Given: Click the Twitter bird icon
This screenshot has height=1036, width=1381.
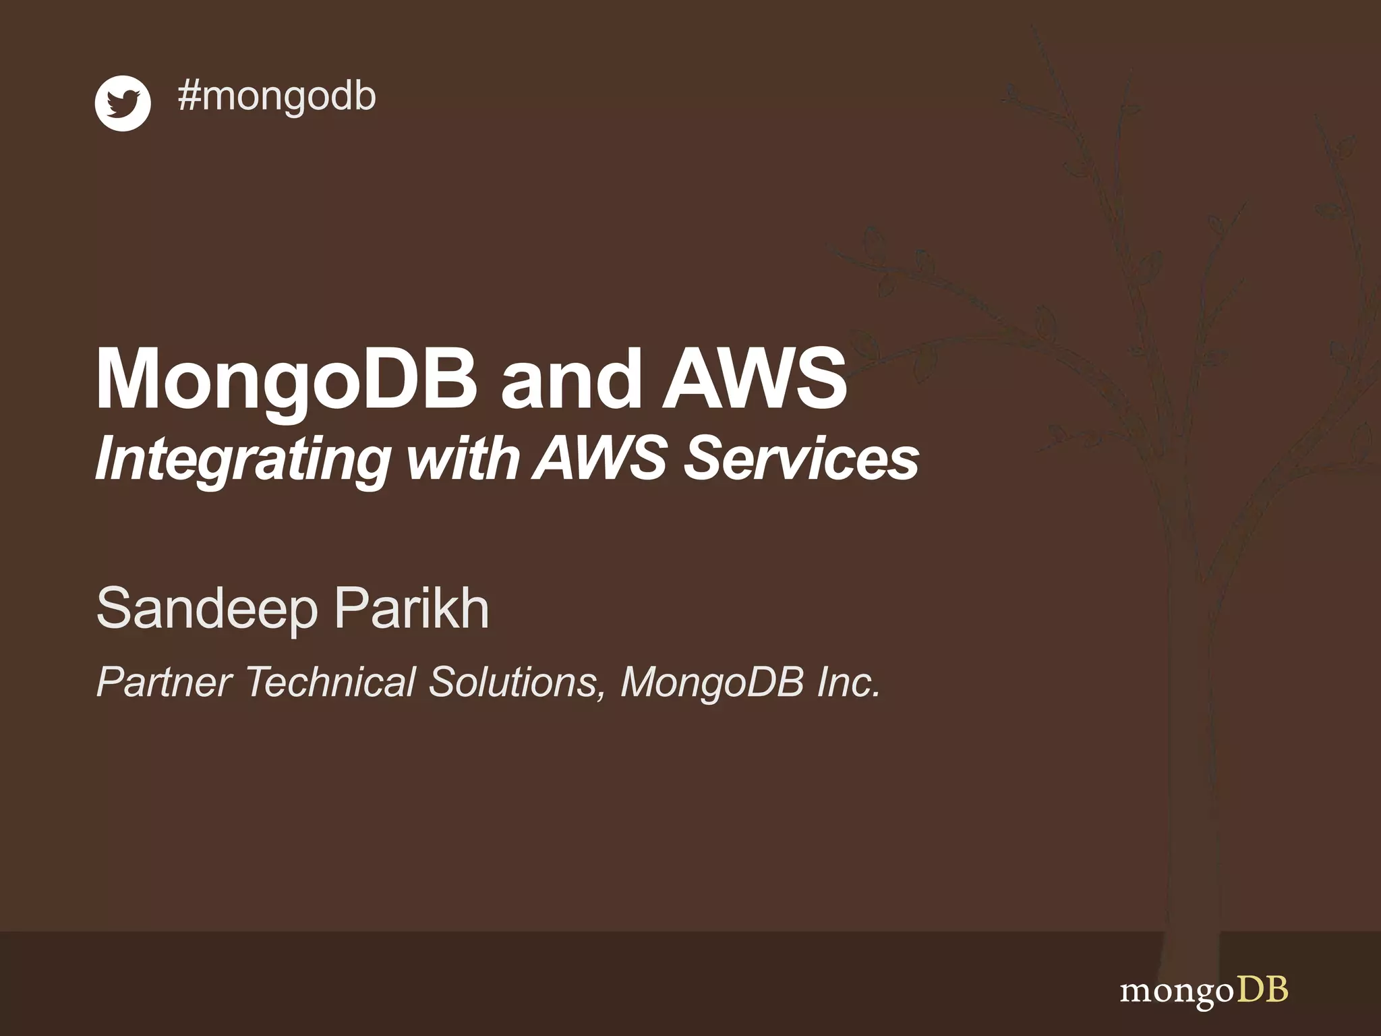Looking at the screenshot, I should [x=123, y=103].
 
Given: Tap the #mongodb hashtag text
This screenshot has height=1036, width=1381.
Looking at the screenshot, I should [x=276, y=96].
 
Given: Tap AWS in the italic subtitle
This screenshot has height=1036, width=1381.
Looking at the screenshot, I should [x=600, y=459].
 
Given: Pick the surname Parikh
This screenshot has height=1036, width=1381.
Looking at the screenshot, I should [x=411, y=608].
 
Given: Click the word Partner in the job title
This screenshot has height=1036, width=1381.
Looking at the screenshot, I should [x=165, y=682].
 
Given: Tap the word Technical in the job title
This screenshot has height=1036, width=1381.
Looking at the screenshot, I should [x=330, y=682].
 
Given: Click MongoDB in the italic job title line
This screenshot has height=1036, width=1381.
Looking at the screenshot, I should [x=712, y=682].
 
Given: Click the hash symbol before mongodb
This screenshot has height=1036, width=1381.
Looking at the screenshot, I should [x=189, y=96].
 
